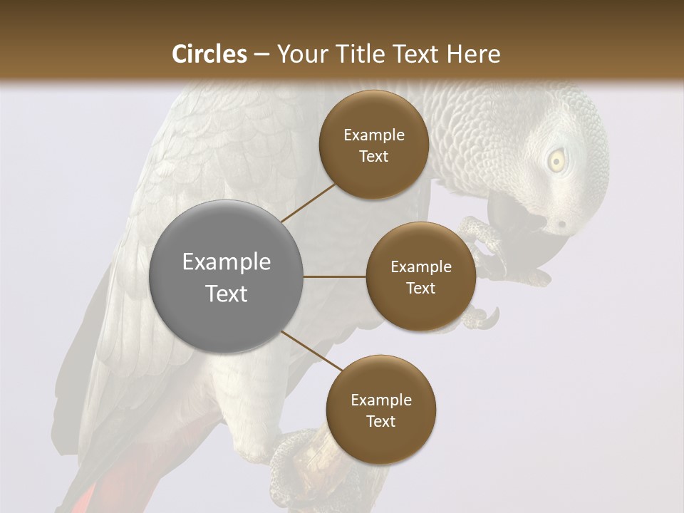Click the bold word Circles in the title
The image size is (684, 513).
tap(209, 53)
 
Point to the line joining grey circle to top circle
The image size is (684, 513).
tap(309, 202)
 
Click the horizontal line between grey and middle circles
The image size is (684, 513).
tap(334, 276)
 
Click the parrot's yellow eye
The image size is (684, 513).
tap(555, 160)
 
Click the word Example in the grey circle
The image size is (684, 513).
tap(226, 262)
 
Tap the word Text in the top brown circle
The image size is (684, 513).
tap(373, 157)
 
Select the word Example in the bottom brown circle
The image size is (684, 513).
tap(380, 400)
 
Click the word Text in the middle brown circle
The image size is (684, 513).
tap(420, 288)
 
